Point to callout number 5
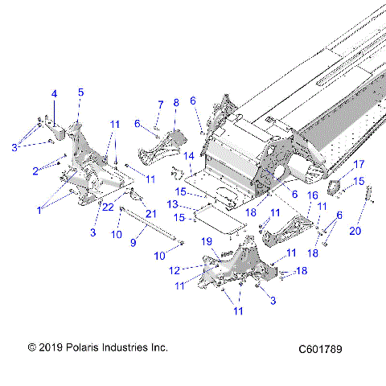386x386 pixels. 80,92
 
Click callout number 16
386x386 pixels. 314,195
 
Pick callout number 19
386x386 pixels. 207,241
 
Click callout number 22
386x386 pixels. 108,207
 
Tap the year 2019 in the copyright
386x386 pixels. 51,347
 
